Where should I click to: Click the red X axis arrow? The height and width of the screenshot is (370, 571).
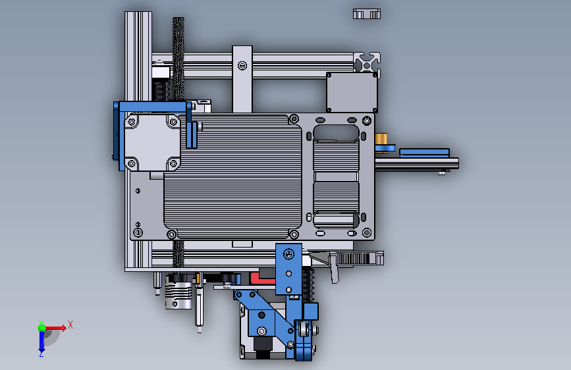click(55, 328)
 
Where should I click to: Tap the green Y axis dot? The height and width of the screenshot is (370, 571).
click(41, 328)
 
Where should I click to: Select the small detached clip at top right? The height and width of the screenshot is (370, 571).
click(367, 14)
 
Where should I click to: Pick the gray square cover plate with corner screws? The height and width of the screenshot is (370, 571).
click(352, 92)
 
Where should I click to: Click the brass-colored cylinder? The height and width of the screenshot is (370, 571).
click(381, 139)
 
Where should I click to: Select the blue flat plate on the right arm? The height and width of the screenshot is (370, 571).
click(424, 153)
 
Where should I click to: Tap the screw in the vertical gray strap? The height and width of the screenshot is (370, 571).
click(242, 66)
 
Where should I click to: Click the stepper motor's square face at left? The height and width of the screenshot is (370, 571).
click(152, 142)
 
